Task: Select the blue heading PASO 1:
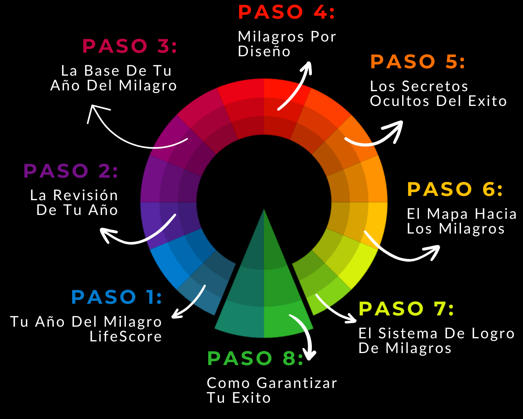click(x=116, y=297)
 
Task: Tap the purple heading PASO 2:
click(x=71, y=171)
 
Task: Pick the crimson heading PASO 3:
click(x=129, y=46)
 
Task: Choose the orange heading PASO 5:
click(x=417, y=62)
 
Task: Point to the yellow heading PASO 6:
click(x=455, y=189)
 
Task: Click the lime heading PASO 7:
click(x=406, y=309)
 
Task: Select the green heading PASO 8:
click(x=255, y=358)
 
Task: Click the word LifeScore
click(x=126, y=336)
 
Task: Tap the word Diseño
click(x=264, y=52)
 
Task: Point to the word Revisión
click(x=85, y=195)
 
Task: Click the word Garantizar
click(x=297, y=383)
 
